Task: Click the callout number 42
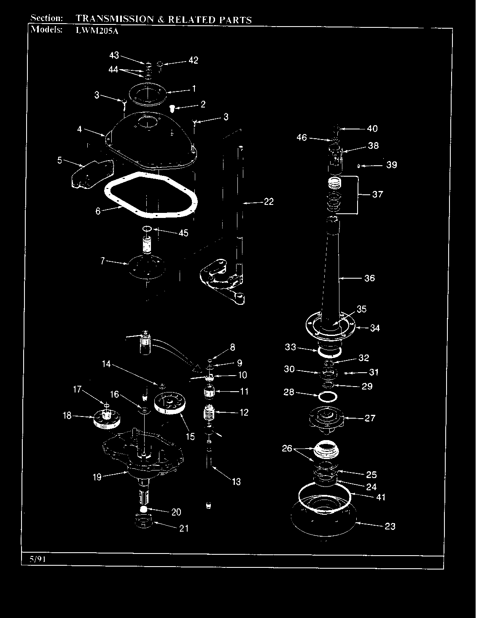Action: coord(193,60)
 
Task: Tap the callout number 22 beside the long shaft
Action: coord(269,202)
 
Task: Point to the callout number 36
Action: coord(369,278)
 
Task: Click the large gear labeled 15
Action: coord(170,403)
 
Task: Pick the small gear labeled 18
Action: coord(107,419)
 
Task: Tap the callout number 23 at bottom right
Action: coord(390,527)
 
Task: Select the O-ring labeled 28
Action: coord(328,397)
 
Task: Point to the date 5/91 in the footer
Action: coord(38,559)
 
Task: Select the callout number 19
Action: coord(97,477)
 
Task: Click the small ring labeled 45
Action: coord(147,229)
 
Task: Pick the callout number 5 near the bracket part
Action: coord(60,160)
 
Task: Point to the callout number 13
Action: coord(236,481)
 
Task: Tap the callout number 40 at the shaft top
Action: coord(372,129)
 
